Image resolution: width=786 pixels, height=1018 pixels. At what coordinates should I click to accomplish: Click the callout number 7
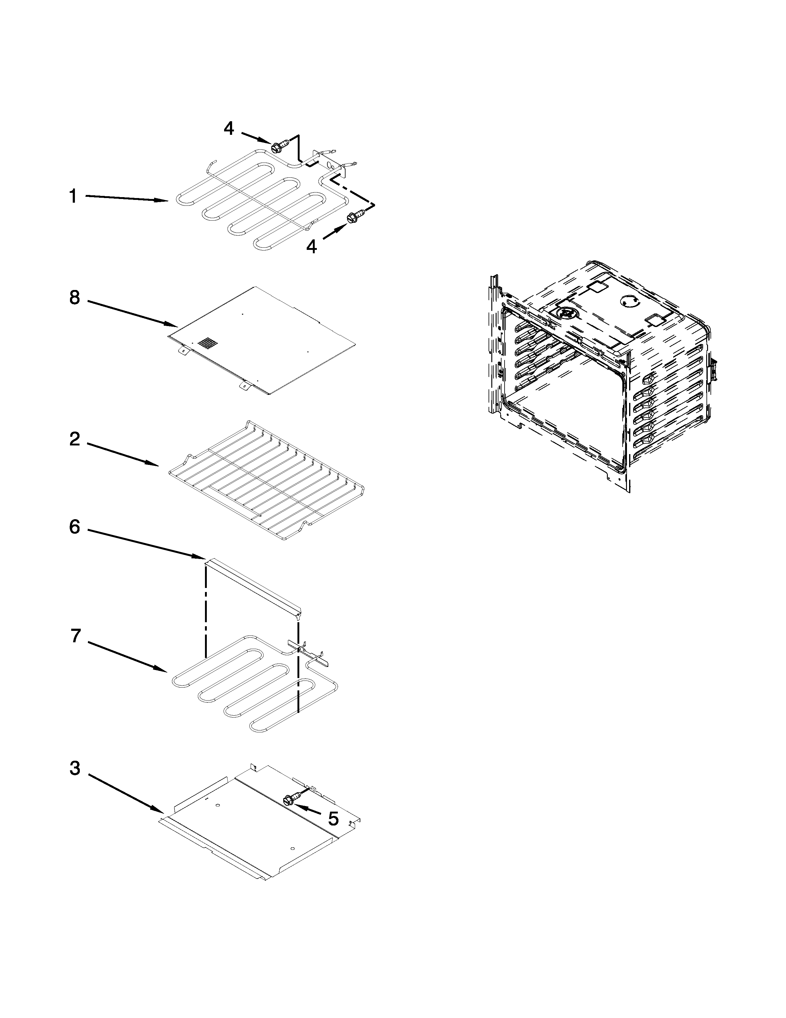click(x=76, y=635)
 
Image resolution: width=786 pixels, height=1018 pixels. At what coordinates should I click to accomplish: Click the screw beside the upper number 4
click(x=278, y=146)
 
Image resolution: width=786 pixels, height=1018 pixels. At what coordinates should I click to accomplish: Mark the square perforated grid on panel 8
click(x=208, y=344)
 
